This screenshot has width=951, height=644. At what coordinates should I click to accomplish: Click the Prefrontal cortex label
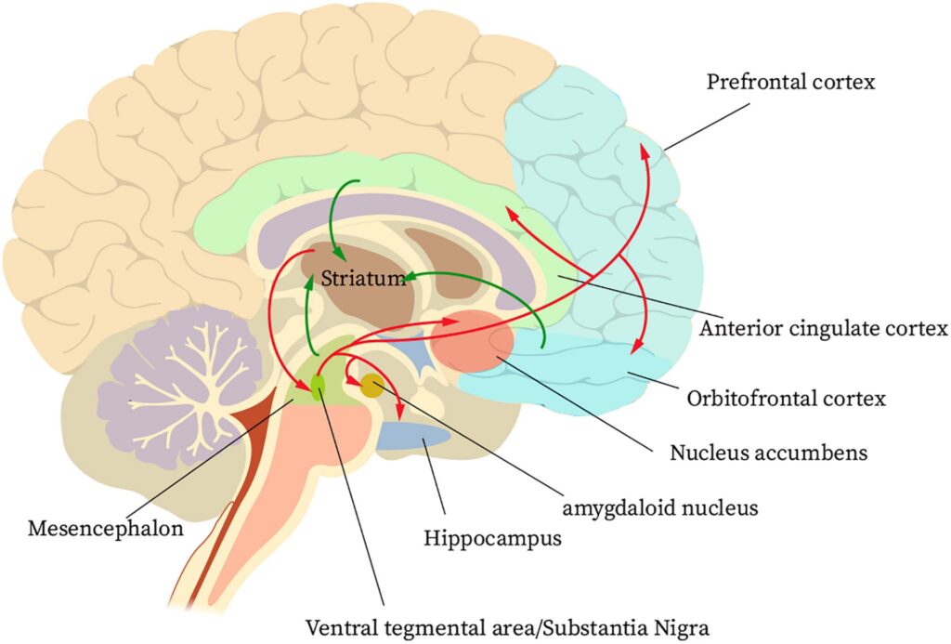[x=790, y=82]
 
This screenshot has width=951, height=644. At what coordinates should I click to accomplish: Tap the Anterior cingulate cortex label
[x=823, y=328]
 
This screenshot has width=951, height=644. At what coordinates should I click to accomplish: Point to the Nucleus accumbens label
[x=768, y=453]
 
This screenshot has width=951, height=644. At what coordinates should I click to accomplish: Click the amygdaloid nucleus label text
[x=661, y=507]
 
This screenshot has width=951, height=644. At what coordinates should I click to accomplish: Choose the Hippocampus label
[x=492, y=538]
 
